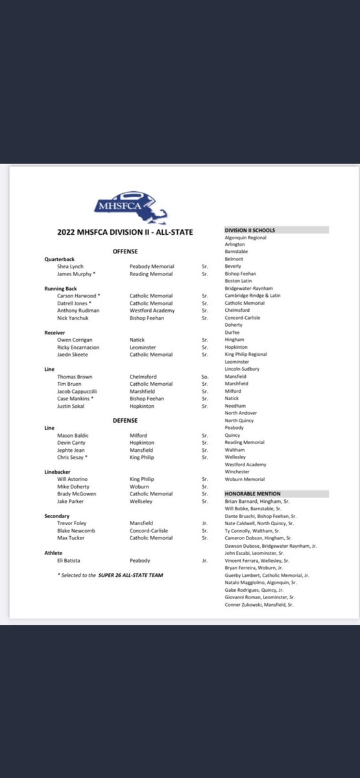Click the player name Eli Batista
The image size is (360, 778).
[71, 560]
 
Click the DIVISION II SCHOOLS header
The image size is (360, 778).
[250, 230]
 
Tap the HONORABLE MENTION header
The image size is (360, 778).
[252, 494]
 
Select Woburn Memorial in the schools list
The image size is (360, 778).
[245, 479]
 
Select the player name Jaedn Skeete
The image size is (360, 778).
[73, 354]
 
